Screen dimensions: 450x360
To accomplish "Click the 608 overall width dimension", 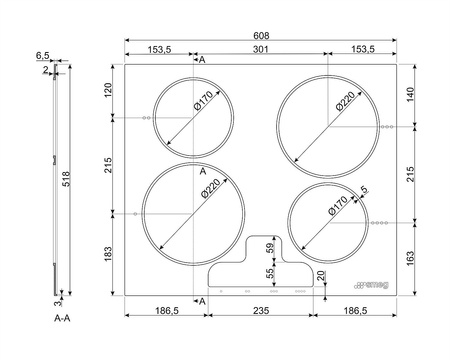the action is (261, 35).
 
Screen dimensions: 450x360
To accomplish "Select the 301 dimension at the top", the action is (261, 49).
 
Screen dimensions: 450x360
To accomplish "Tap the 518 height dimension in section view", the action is (66, 179).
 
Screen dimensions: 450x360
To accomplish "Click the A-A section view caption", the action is (62, 318).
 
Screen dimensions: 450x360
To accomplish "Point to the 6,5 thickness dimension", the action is (43, 56).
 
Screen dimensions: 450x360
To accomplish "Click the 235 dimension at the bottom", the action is (261, 311).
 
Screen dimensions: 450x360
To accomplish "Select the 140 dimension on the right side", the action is (410, 95).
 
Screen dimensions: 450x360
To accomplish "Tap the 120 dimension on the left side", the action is (109, 90).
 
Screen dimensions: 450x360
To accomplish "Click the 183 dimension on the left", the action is (109, 254).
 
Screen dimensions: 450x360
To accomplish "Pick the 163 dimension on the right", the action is (410, 258).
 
